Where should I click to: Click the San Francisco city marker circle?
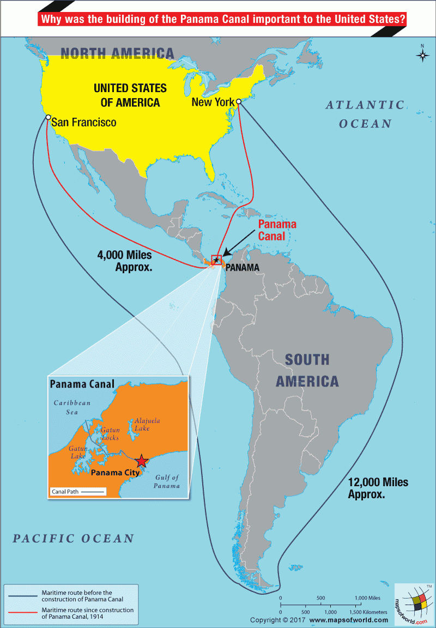48,117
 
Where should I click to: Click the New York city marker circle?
238,101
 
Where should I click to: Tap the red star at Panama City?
141,461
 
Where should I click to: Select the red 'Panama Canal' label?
277,230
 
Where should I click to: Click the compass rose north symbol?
422,54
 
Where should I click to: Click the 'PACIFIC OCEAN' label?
74,539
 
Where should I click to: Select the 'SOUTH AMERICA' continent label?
307,370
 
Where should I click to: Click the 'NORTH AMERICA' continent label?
117,53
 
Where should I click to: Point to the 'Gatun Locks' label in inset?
110,434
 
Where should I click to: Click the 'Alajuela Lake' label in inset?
147,425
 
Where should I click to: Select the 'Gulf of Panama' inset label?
167,481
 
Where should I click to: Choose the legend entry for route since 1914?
87,613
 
